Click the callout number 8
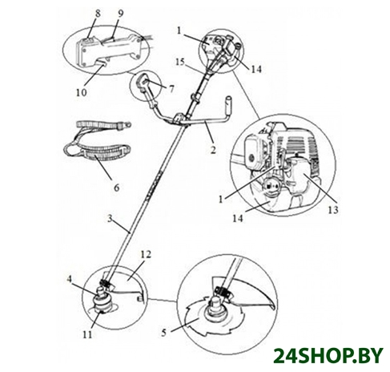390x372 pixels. coord(98,13)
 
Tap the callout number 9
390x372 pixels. coord(120,13)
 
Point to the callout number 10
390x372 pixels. coord(82,92)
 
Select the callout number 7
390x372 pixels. coord(171,88)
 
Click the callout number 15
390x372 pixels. coord(180,63)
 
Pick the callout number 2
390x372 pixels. coord(213,150)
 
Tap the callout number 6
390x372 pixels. coord(117,188)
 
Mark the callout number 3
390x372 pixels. coord(110,219)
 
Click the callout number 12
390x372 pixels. coord(146,254)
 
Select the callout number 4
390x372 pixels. coord(70,279)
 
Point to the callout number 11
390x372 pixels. coord(87,334)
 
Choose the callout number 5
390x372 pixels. coord(164,333)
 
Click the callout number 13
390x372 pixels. coord(333,210)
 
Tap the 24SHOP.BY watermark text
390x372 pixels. coord(328,355)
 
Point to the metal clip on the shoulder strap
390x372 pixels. coord(127,125)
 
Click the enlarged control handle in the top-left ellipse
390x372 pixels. coord(110,51)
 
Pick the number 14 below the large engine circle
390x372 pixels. coord(238,218)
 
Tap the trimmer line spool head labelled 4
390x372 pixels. coord(103,301)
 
